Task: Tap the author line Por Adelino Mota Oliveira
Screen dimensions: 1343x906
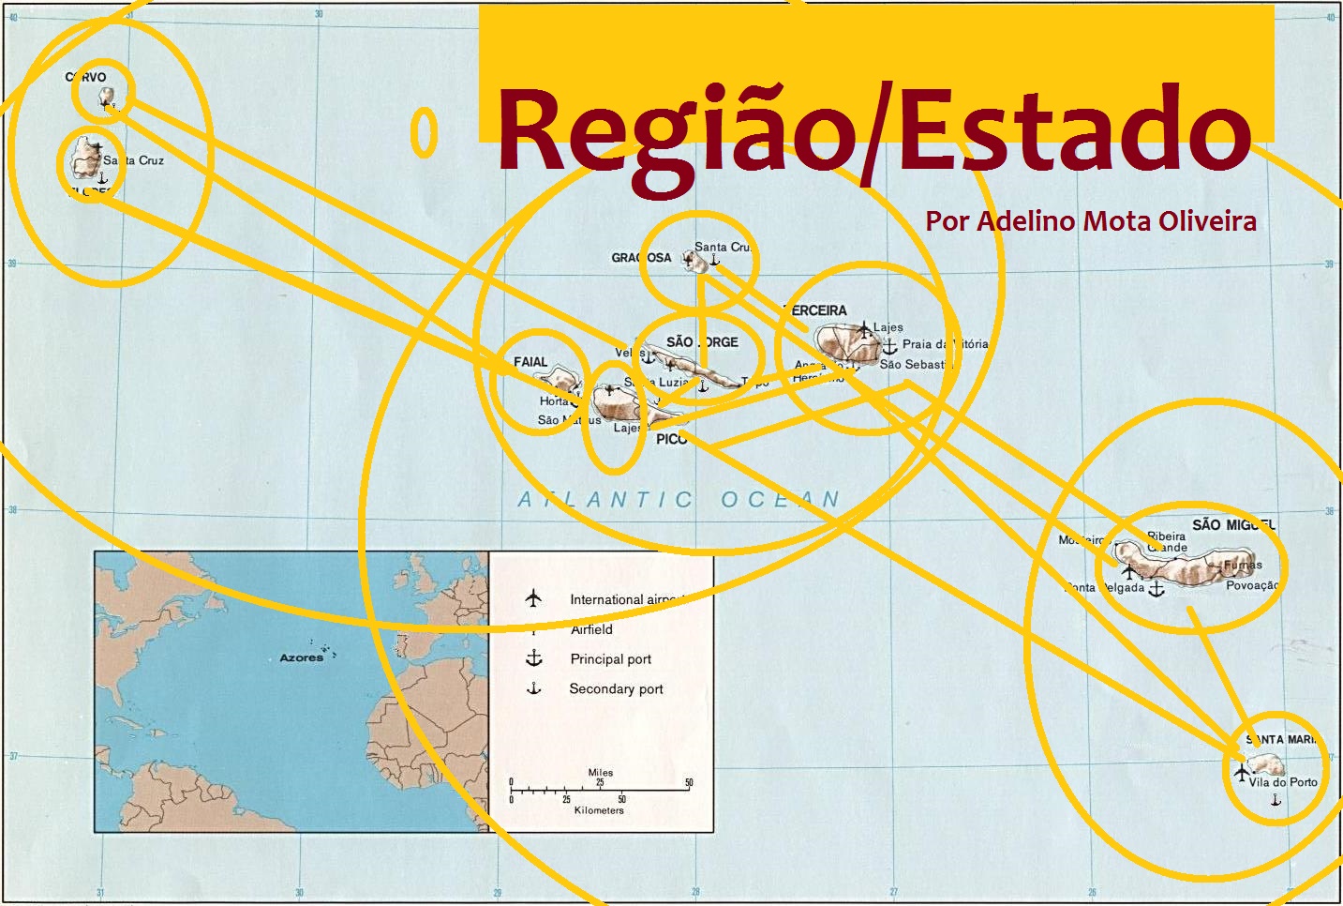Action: (x=1091, y=221)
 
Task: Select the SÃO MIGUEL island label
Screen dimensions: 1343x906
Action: (x=1233, y=524)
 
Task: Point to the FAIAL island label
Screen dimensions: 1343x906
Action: (x=530, y=362)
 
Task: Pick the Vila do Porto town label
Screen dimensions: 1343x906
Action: (x=1283, y=782)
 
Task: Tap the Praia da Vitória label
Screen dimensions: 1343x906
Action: (x=945, y=344)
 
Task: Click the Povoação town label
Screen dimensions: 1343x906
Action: (x=1252, y=585)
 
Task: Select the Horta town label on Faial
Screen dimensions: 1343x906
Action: (x=554, y=401)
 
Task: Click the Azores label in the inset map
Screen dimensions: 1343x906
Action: (x=301, y=657)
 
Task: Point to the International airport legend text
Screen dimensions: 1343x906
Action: (x=622, y=599)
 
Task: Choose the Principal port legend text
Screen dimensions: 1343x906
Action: (x=610, y=659)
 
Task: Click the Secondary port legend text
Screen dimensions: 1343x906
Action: (x=616, y=689)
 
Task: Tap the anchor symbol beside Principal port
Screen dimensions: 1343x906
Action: (x=534, y=658)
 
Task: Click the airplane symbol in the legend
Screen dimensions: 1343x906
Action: (x=533, y=598)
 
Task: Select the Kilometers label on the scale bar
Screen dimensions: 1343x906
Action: (x=599, y=810)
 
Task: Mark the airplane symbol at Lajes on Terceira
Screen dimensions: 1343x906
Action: (x=864, y=329)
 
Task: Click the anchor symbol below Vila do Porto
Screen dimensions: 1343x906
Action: (x=1276, y=800)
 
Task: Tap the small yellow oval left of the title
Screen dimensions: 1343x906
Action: (x=425, y=132)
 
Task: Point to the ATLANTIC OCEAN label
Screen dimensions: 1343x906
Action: (x=679, y=500)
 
